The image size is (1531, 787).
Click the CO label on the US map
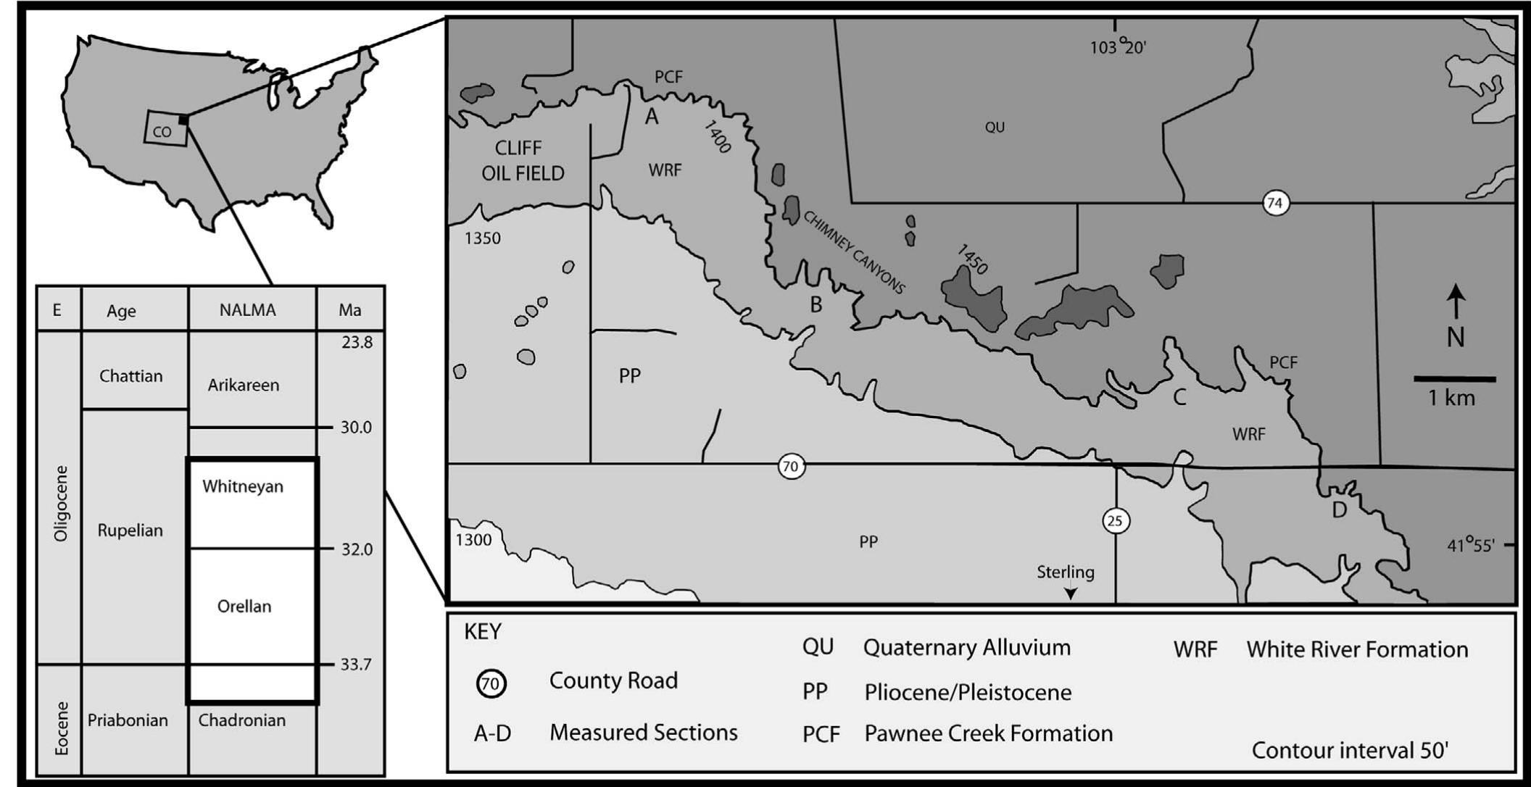[x=162, y=132]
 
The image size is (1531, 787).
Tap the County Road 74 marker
[x=1274, y=204]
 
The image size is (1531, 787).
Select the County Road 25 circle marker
[x=1116, y=520]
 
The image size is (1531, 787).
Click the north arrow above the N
[x=1456, y=301]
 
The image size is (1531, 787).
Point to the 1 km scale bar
[x=1454, y=379]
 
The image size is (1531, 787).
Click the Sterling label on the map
[x=1065, y=572]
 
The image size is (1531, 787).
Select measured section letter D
[x=1339, y=510]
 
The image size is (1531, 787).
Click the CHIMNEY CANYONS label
[x=854, y=252]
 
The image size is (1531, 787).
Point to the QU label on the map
[x=995, y=128]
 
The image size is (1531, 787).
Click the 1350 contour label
[x=483, y=238]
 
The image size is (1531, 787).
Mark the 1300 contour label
[x=473, y=540]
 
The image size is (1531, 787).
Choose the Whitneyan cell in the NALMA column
[x=243, y=486]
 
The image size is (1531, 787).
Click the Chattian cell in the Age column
[x=131, y=376]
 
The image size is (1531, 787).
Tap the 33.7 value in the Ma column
[x=355, y=665]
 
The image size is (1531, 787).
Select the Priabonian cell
[x=128, y=720]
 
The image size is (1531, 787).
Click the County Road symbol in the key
[x=491, y=683]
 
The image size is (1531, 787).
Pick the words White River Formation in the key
[x=1357, y=649]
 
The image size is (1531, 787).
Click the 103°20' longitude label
[x=1118, y=47]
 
